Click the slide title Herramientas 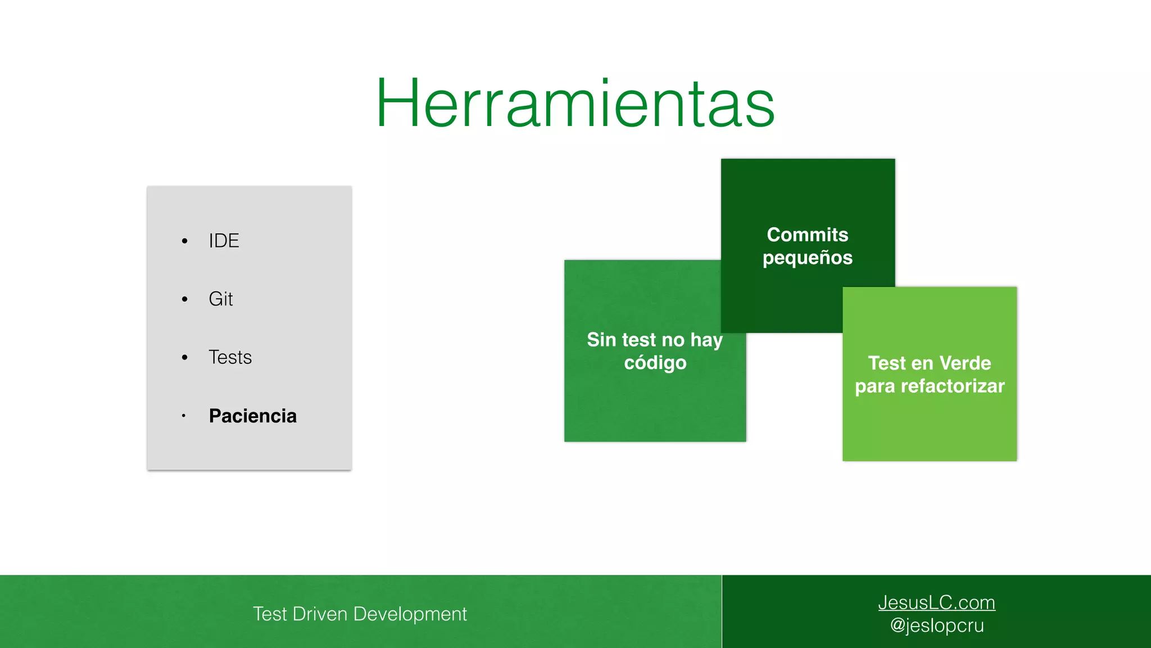pyautogui.click(x=575, y=103)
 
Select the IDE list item pyautogui.click(x=224, y=241)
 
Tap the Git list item pyautogui.click(x=220, y=299)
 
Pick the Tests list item pyautogui.click(x=230, y=357)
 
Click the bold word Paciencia pyautogui.click(x=252, y=416)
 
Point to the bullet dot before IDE pyautogui.click(x=184, y=241)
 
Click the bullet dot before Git pyautogui.click(x=184, y=299)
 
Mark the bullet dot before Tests pyautogui.click(x=184, y=358)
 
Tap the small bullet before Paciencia pyautogui.click(x=183, y=416)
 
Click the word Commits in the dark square pyautogui.click(x=807, y=235)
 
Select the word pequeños pyautogui.click(x=807, y=258)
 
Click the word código pyautogui.click(x=655, y=363)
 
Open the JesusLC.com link pyautogui.click(x=936, y=602)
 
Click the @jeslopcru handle pyautogui.click(x=936, y=625)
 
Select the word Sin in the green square pyautogui.click(x=601, y=340)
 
